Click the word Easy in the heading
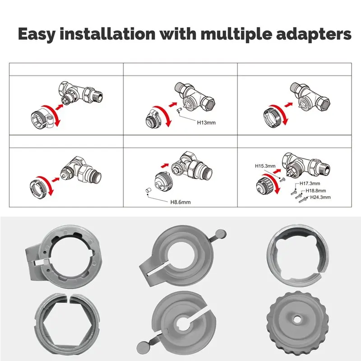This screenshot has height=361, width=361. (x=37, y=35)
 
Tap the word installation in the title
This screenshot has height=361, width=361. (x=107, y=34)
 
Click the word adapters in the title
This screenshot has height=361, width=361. (x=314, y=35)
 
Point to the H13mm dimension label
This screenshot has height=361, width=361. (x=206, y=122)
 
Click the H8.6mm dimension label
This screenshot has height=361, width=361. (x=180, y=202)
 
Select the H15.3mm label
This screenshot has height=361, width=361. (x=265, y=166)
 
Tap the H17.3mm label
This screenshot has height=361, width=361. (x=310, y=184)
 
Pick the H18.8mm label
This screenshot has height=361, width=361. (x=315, y=190)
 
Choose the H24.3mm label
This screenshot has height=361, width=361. (x=320, y=197)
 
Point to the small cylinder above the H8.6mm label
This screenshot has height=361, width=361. (x=148, y=190)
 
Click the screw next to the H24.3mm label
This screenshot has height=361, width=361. (x=302, y=200)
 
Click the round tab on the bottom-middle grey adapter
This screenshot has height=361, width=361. (x=143, y=347)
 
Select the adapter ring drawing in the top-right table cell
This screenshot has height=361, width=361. (x=274, y=116)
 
